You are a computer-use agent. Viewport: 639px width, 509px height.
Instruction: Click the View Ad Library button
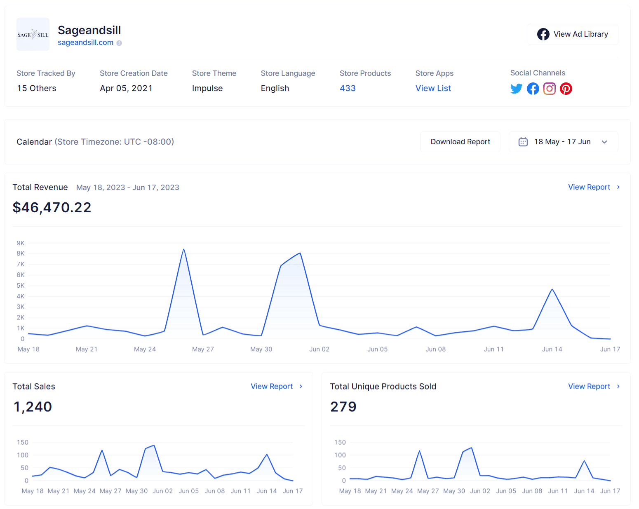pyautogui.click(x=572, y=34)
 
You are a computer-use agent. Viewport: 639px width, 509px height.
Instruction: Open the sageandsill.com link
pyautogui.click(x=85, y=42)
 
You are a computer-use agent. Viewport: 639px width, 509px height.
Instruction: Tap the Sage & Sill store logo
pyautogui.click(x=33, y=34)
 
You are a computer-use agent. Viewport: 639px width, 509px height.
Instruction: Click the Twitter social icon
pyautogui.click(x=516, y=89)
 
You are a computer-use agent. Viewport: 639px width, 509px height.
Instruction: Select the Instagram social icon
pyautogui.click(x=549, y=89)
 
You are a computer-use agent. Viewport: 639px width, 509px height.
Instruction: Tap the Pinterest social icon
pyautogui.click(x=566, y=89)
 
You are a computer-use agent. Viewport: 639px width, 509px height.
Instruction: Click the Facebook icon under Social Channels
pyautogui.click(x=533, y=89)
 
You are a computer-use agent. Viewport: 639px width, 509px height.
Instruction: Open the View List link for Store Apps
pyautogui.click(x=433, y=88)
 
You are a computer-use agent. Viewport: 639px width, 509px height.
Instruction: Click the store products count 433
pyautogui.click(x=348, y=88)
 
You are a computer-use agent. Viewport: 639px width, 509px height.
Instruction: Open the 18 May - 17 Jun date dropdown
pyautogui.click(x=563, y=142)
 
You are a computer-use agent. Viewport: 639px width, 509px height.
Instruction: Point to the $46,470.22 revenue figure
pyautogui.click(x=52, y=207)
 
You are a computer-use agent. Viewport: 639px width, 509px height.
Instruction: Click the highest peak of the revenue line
pyautogui.click(x=183, y=249)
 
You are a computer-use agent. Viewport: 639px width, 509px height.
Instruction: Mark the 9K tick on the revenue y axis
pyautogui.click(x=21, y=243)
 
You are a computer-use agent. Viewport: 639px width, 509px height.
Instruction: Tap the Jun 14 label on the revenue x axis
pyautogui.click(x=552, y=349)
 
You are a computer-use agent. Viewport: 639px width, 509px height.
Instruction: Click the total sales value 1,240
pyautogui.click(x=33, y=407)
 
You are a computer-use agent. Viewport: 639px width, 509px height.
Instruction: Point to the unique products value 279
pyautogui.click(x=343, y=407)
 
